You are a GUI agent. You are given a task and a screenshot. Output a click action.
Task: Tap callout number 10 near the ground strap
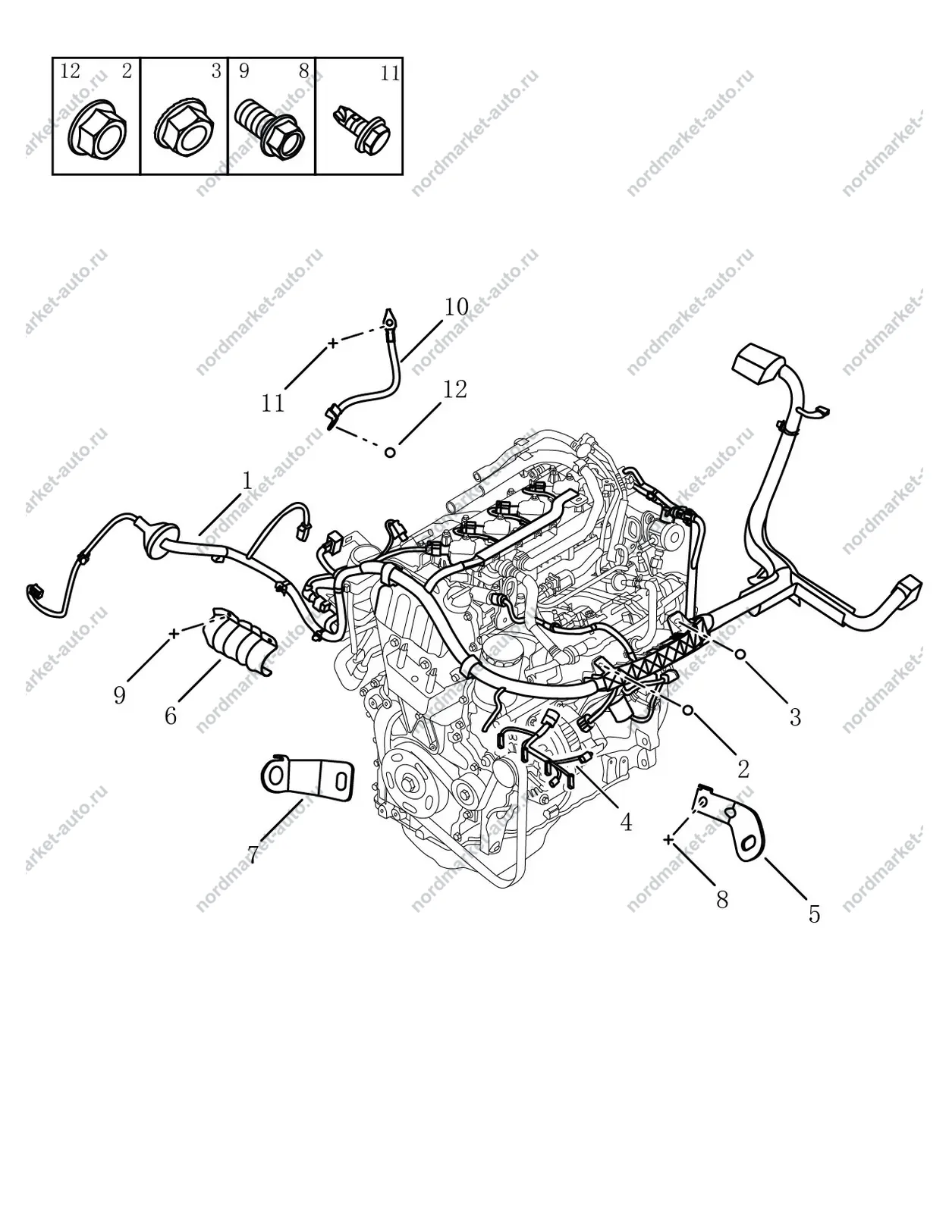(457, 306)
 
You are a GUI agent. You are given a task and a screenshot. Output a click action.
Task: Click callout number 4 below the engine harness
(626, 822)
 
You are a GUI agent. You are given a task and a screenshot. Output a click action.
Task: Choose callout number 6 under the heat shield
(171, 716)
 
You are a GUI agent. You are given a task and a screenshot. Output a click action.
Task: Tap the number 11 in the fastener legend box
(391, 73)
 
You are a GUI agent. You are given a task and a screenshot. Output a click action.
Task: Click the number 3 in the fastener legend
(216, 71)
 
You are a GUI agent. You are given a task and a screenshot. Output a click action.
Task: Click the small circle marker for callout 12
(390, 452)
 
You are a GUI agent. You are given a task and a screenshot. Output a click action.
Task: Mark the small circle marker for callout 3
(740, 654)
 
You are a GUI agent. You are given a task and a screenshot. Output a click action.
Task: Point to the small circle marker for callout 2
(687, 710)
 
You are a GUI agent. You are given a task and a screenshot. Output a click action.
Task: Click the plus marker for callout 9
(174, 633)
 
